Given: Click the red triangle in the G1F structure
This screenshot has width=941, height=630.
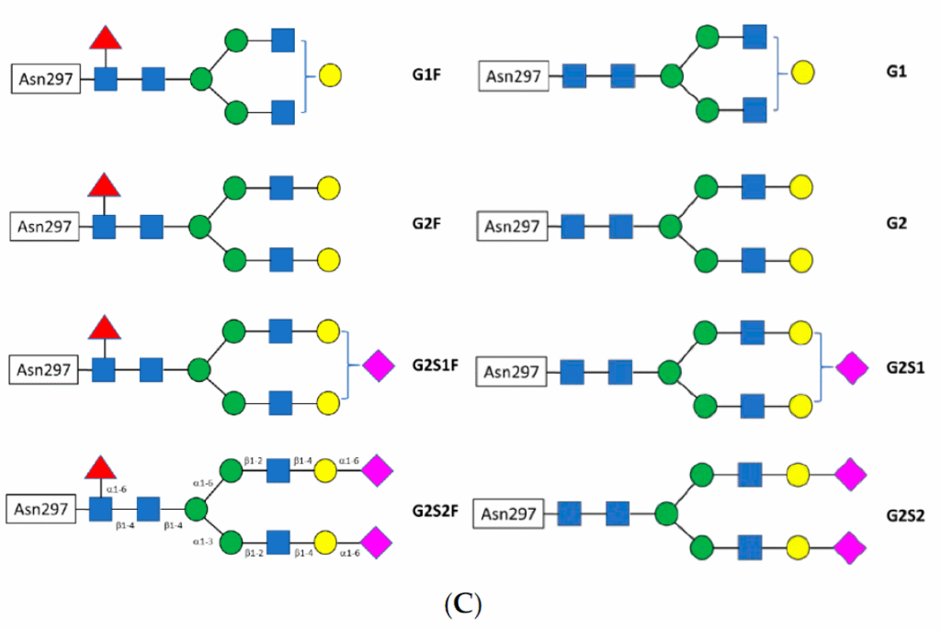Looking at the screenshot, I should coord(106,39).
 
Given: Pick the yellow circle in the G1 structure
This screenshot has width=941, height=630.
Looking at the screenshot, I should coord(801,72).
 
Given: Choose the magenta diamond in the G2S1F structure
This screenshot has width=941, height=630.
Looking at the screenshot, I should coord(379,366).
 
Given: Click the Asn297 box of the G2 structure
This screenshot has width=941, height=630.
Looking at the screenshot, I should coord(513,225).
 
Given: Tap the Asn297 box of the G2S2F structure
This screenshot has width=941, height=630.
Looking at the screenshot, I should coord(41,508).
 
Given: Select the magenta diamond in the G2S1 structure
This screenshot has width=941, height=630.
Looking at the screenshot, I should coord(851,368).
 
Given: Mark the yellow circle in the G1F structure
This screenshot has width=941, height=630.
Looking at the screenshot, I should coord(330,76).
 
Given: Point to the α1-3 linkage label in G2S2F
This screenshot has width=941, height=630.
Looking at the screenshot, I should coord(203,542).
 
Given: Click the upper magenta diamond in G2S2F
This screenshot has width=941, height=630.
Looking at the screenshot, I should coord(377,471).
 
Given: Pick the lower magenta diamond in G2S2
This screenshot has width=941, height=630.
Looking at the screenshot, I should coord(850,548).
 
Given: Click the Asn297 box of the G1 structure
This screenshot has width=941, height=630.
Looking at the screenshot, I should coord(514,76).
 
